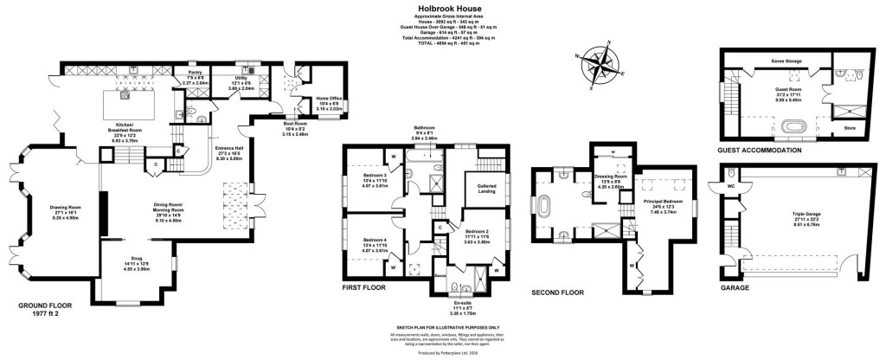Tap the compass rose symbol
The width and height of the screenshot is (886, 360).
600,66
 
